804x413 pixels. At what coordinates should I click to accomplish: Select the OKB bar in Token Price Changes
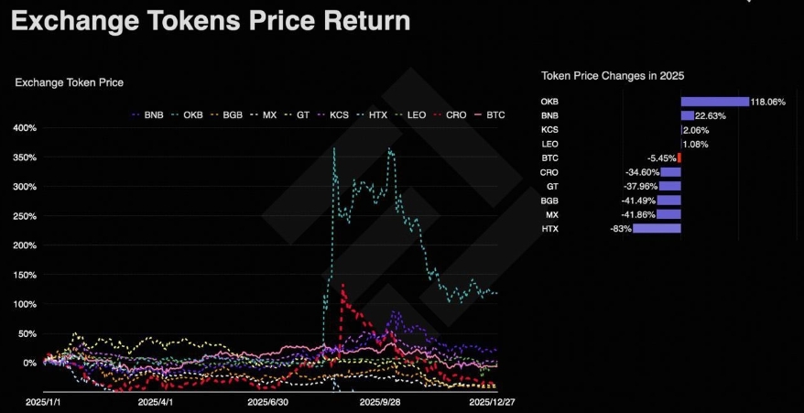714,102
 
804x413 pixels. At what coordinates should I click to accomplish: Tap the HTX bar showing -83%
657,228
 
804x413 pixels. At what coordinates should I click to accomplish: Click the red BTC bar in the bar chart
679,158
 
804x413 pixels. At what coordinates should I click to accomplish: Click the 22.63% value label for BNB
710,115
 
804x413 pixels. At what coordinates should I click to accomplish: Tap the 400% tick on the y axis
25,127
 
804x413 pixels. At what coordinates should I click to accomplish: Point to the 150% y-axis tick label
25,275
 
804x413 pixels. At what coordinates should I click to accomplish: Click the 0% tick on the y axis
29,363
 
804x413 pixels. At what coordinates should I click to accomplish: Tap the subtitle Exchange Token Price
70,82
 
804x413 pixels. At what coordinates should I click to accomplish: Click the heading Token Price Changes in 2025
613,75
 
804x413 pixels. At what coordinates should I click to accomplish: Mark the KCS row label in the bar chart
549,130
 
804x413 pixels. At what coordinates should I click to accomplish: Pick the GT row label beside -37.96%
552,186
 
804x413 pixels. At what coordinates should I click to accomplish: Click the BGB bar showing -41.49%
669,200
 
